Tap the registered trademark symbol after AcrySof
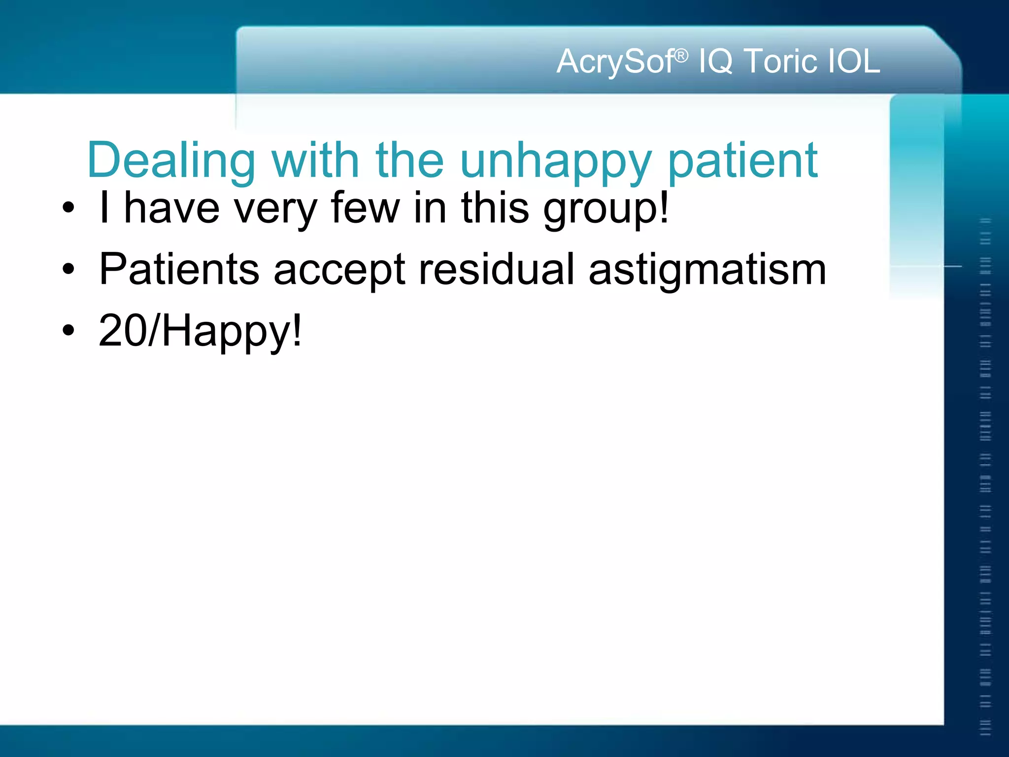coord(681,56)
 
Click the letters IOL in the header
coord(853,62)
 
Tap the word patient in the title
coord(742,160)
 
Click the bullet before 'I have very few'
coord(68,208)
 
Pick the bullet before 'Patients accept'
coord(68,269)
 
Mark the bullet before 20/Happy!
coord(68,331)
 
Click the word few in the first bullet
coord(365,208)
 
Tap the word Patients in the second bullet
coord(179,269)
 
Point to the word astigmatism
coord(707,270)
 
